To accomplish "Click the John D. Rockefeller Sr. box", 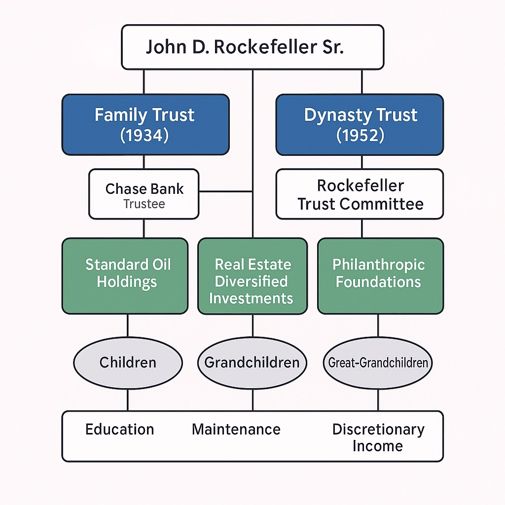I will tap(252, 47).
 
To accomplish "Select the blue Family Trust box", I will tap(145, 125).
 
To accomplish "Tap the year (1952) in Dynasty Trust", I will tap(360, 135).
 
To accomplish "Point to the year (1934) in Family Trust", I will tap(144, 135).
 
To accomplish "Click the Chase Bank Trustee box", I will tap(144, 194).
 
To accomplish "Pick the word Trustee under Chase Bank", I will tap(144, 204).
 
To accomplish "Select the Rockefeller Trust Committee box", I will tap(360, 194).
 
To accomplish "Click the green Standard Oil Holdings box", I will tap(125, 276).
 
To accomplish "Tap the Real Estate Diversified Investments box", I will tap(252, 276).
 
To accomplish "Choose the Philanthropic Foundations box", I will tap(380, 276).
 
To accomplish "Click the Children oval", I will tap(128, 363).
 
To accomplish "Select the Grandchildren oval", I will tap(252, 363).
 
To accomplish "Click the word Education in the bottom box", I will tap(120, 429).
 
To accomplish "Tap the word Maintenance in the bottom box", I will tap(236, 429).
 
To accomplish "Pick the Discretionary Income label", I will tap(378, 437).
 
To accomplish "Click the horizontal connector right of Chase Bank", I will tap(225, 191).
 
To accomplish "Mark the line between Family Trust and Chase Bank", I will tap(144, 162).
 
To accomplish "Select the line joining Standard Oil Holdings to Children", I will tap(128, 326).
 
